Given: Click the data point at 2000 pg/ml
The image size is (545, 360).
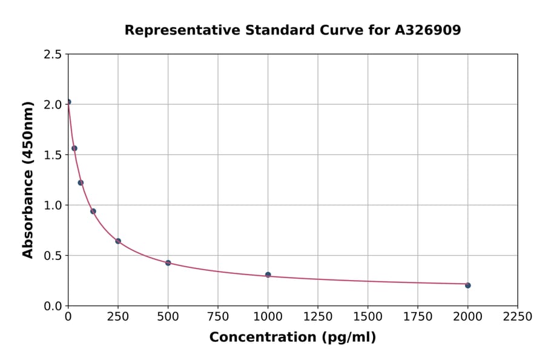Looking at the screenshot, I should tap(467, 285).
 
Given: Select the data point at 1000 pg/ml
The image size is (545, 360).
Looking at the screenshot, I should tap(268, 275).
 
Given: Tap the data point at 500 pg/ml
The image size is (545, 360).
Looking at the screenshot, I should tap(168, 263).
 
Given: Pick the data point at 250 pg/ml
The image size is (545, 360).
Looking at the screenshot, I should tap(118, 241).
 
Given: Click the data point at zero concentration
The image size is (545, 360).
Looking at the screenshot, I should tap(68, 102).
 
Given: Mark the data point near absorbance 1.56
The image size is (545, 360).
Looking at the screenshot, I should tap(74, 148).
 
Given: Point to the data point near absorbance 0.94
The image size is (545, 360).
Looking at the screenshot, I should tap(93, 212).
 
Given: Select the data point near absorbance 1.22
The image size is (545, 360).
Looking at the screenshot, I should tap(81, 182).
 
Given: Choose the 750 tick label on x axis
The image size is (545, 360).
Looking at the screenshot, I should tap(218, 317).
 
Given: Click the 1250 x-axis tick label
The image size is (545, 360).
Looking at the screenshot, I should tap(318, 317).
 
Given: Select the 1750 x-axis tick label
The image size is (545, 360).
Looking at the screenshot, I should tap(418, 317).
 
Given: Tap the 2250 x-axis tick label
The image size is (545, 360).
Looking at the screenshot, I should tap(518, 317).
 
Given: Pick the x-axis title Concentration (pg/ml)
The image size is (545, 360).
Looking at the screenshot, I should tap(292, 338).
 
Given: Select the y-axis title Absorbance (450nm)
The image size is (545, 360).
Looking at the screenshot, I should tap(28, 180).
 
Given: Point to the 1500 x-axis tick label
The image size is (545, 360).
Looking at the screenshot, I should tap(368, 317).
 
